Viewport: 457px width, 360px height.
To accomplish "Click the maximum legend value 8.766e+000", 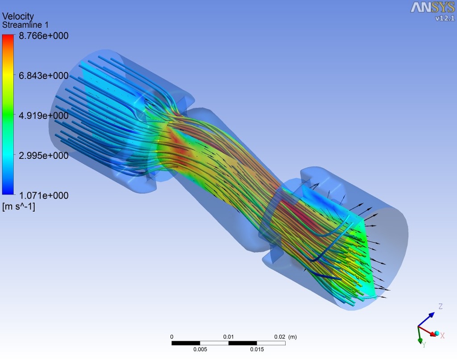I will click(x=43, y=36).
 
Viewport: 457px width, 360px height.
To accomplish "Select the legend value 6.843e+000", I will click(x=43, y=75).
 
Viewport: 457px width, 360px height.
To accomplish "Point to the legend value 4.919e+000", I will click(x=43, y=116).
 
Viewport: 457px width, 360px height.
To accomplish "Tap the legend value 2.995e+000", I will click(x=43, y=155).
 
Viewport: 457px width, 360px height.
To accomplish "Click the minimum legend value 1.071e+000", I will click(x=43, y=195).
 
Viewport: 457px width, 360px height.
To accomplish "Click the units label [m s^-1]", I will click(x=18, y=206).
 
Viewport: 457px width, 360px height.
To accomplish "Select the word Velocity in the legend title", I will click(x=18, y=17).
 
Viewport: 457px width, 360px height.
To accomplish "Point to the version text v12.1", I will click(x=445, y=18).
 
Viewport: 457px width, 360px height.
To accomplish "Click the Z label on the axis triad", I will click(x=440, y=306).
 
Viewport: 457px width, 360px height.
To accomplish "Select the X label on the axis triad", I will click(x=442, y=335).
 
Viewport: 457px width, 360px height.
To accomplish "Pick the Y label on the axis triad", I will click(x=424, y=345).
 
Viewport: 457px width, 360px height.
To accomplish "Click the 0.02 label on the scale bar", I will click(x=279, y=336).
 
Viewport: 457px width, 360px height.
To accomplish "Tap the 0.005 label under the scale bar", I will click(x=200, y=349).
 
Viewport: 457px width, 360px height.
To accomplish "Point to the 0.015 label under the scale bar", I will click(x=257, y=349).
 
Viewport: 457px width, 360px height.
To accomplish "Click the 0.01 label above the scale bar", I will click(x=228, y=336).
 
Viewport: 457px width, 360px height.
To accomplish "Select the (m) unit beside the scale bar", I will click(x=292, y=336).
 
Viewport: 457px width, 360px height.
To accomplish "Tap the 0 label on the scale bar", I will click(x=172, y=336).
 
